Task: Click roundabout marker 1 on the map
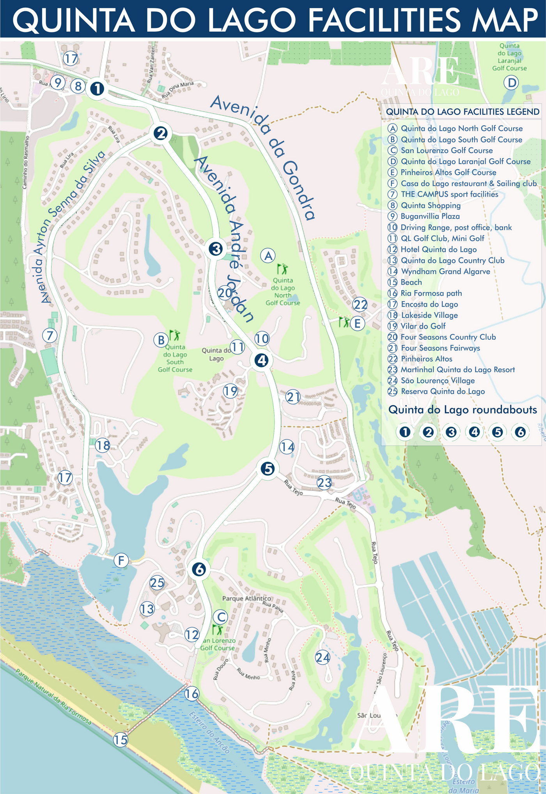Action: (x=97, y=89)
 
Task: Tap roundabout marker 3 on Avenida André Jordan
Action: (x=216, y=249)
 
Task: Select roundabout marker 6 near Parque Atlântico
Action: (x=199, y=569)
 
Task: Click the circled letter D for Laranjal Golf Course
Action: (x=511, y=83)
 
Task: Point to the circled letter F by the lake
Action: (x=121, y=561)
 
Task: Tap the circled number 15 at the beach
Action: (x=121, y=739)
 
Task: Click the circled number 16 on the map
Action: (x=191, y=693)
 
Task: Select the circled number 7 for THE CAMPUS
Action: (x=50, y=335)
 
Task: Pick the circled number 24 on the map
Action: (x=323, y=658)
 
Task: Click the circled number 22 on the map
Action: (x=360, y=305)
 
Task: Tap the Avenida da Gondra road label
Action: (x=263, y=156)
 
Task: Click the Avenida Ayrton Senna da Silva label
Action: (x=73, y=226)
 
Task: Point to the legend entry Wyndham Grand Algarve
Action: (x=445, y=271)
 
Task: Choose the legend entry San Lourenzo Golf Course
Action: (x=446, y=151)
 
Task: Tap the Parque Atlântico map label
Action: (x=246, y=598)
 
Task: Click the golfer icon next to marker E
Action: (x=344, y=322)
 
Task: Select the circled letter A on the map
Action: (x=268, y=256)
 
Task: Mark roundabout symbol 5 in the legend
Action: (x=497, y=432)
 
